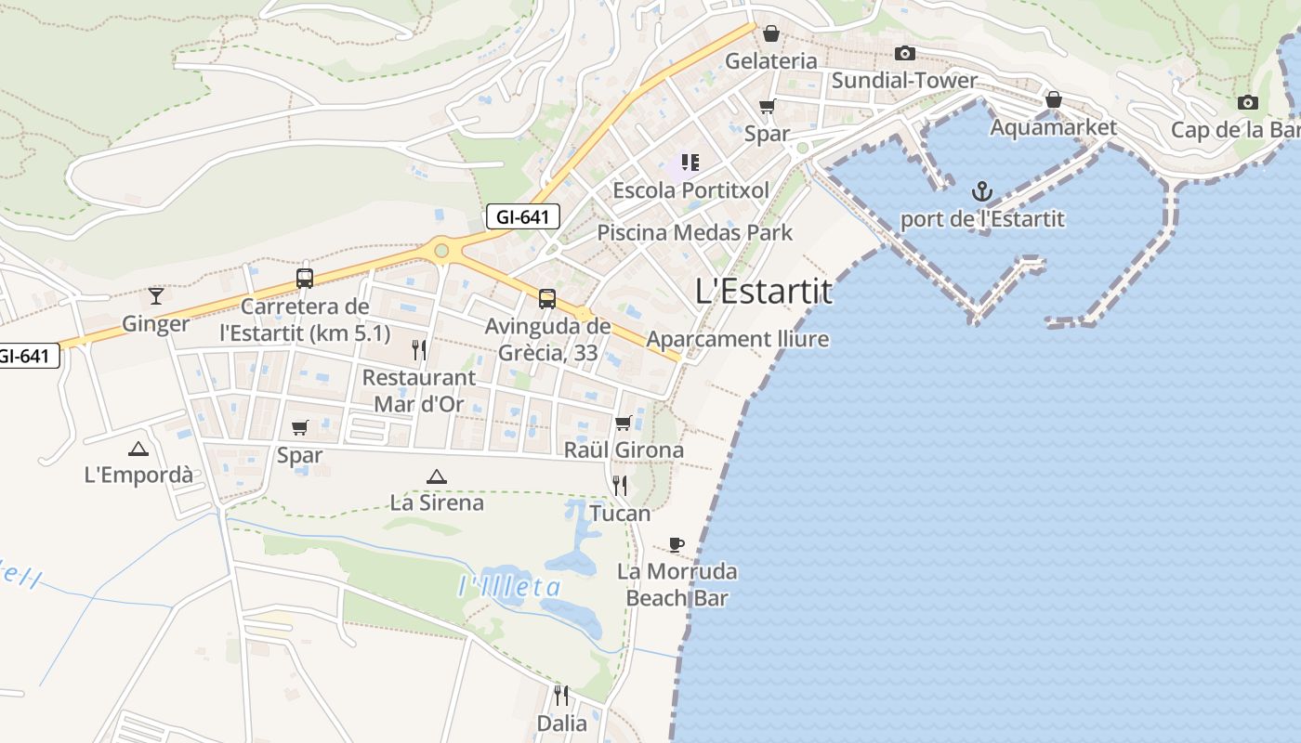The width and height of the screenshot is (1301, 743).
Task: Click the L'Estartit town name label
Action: [764, 292]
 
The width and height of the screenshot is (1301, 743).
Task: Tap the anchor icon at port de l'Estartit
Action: [982, 192]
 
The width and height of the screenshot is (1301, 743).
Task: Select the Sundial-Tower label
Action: [904, 81]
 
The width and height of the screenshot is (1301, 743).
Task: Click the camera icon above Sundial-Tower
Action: [904, 54]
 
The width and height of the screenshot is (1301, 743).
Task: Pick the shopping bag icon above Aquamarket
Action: [1053, 99]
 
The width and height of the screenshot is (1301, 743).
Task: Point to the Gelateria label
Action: [771, 61]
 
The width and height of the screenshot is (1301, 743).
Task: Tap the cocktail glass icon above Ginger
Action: [156, 296]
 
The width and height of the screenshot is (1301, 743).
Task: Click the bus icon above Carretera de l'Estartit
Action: [305, 278]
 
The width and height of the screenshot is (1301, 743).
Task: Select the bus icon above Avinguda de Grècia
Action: [547, 299]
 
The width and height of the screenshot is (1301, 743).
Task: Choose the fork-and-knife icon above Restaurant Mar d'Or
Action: [419, 350]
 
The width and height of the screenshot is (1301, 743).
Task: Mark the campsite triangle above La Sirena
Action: [436, 476]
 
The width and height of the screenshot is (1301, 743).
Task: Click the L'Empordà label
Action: [138, 475]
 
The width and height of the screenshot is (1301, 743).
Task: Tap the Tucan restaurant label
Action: [620, 513]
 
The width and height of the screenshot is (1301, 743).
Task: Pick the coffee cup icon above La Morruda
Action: [677, 544]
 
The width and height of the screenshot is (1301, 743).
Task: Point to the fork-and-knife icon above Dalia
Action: [561, 695]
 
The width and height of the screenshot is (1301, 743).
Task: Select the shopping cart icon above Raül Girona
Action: [624, 424]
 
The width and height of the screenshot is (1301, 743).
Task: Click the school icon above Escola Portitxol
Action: [690, 163]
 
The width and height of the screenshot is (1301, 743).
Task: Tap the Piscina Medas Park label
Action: [694, 232]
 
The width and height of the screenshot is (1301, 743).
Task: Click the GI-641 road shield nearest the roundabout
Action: [523, 217]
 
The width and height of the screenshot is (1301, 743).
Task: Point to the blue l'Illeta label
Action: [510, 587]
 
